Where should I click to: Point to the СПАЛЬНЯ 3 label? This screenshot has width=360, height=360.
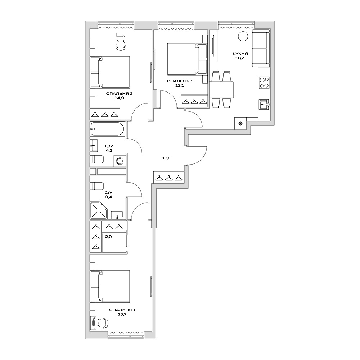coord(180,81)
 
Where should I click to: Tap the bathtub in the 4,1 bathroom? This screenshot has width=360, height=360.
coord(107,129)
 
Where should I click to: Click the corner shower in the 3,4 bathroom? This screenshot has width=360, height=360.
coord(98,210)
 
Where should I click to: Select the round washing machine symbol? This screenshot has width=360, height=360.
coord(120,161)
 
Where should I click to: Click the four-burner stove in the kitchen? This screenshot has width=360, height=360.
coord(264,83)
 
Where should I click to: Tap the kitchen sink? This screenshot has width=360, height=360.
coord(264,104)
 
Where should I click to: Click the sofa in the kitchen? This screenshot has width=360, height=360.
coord(260,49)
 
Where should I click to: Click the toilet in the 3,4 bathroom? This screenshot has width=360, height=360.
coord(97,186)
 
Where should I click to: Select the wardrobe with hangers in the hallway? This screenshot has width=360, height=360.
coord(169,177)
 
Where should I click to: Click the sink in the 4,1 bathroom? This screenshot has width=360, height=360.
coord(94,146)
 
